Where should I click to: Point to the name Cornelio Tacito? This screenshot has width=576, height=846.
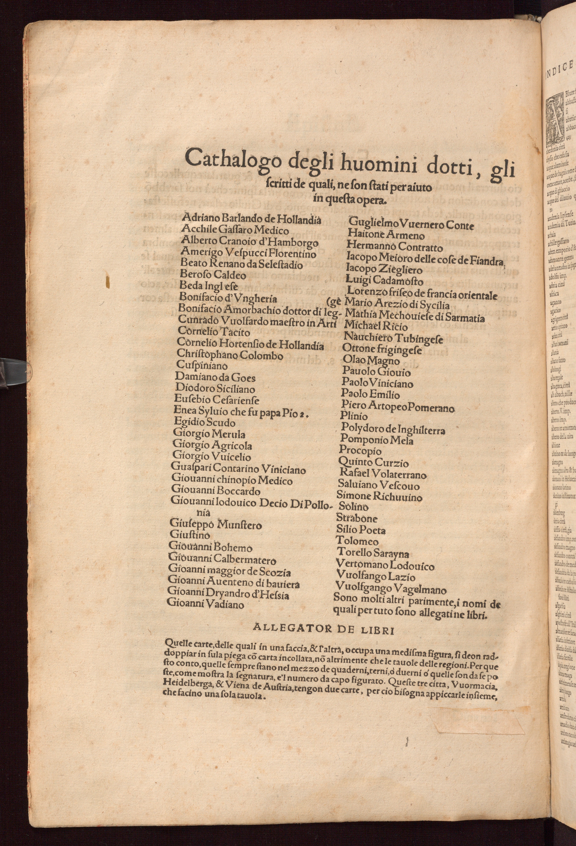click(214, 332)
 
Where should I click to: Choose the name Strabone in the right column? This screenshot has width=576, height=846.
click(357, 518)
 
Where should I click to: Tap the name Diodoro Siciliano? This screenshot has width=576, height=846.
click(215, 389)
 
